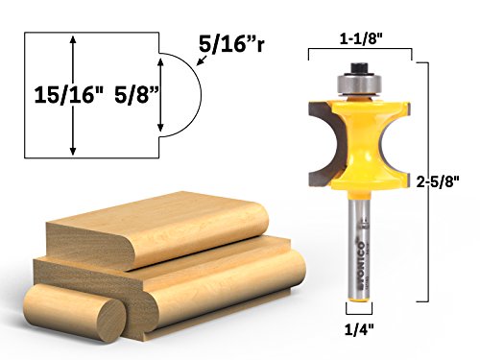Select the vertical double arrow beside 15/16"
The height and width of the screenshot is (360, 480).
73,96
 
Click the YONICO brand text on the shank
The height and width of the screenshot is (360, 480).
361,257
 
